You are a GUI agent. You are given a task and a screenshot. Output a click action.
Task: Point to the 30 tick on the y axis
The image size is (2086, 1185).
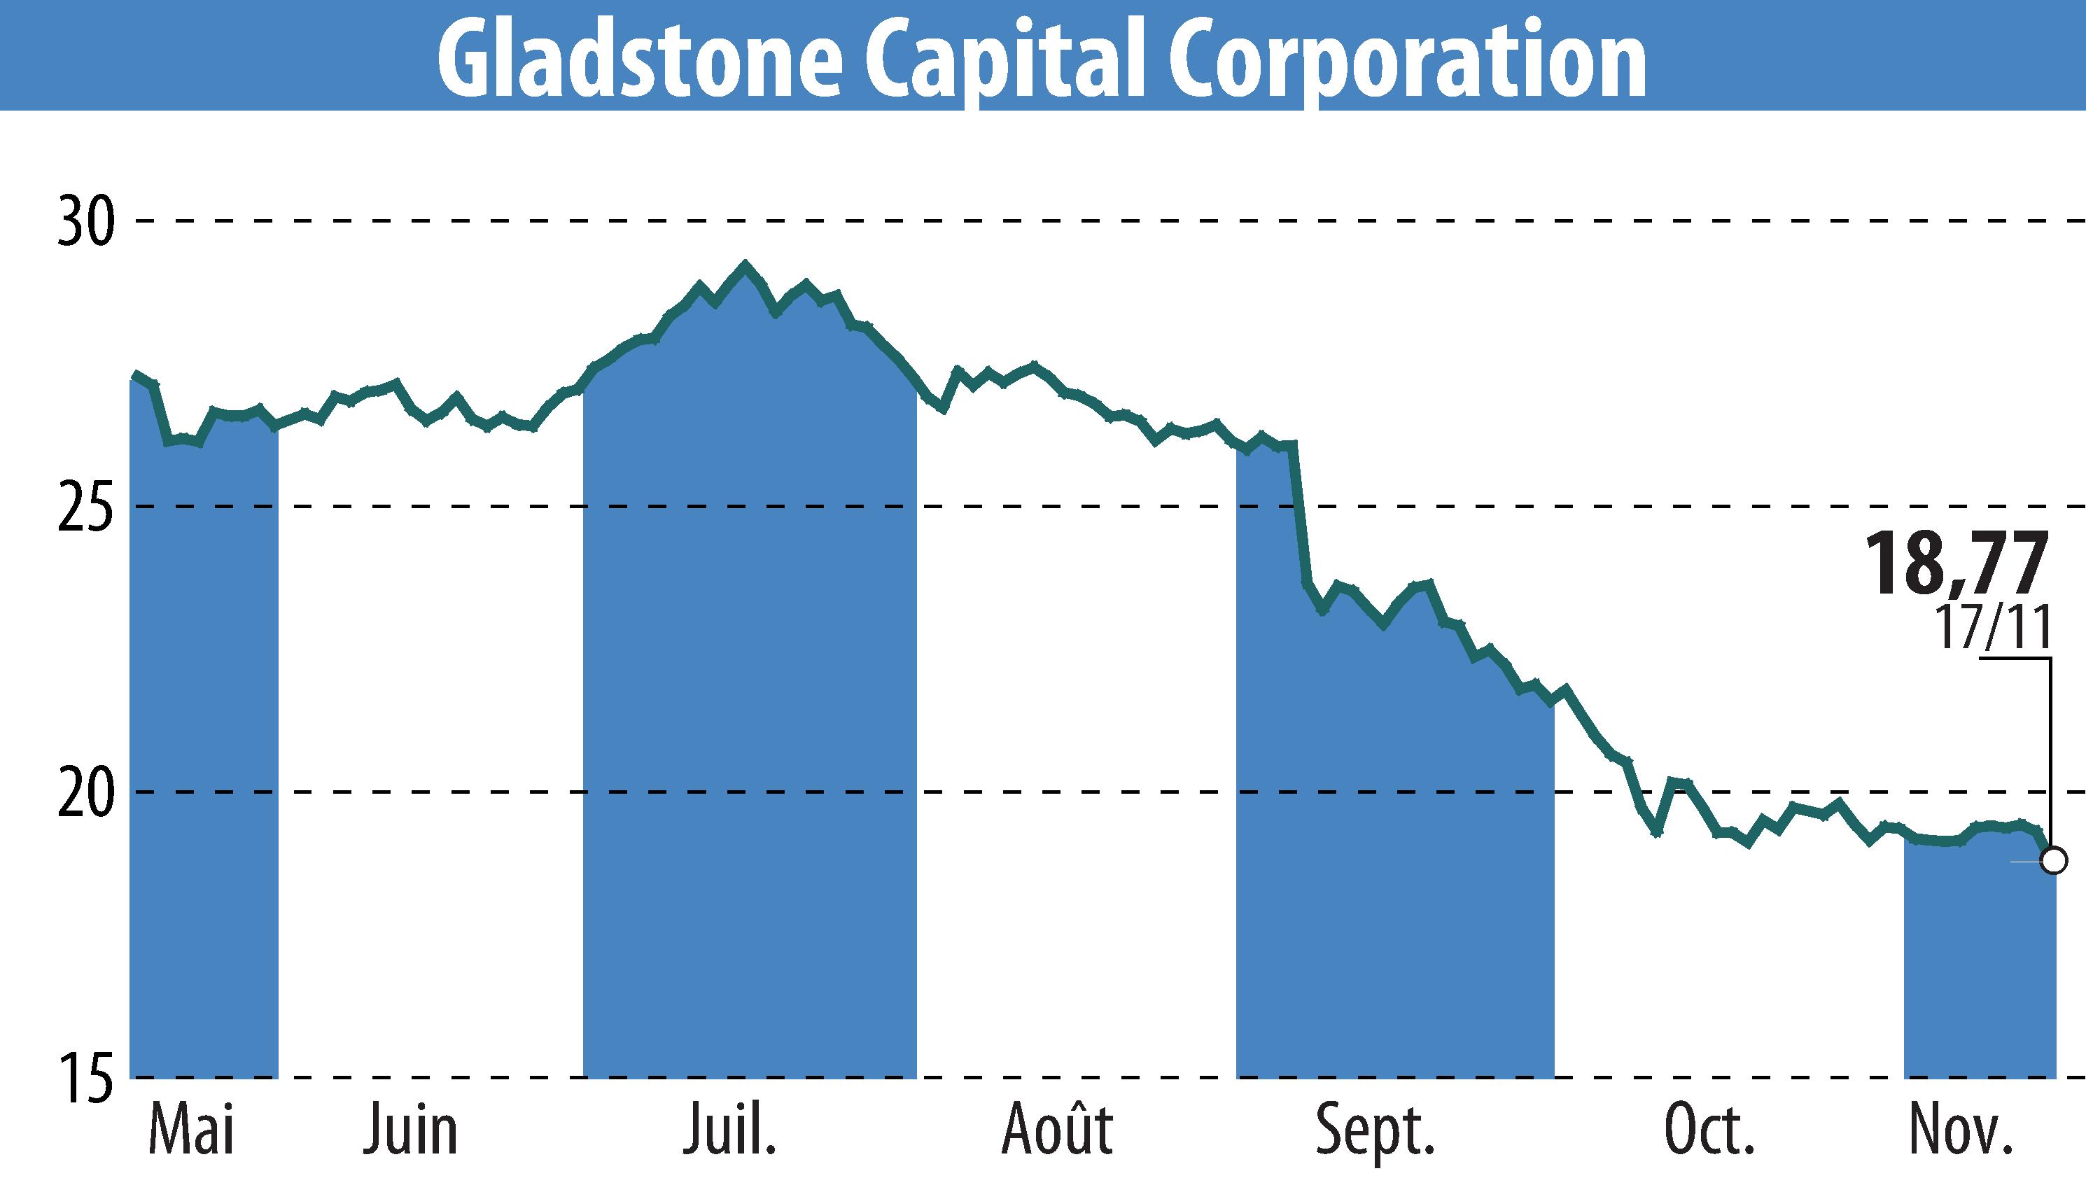[85, 222]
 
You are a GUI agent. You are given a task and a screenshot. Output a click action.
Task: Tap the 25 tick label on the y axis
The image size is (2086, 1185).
[85, 507]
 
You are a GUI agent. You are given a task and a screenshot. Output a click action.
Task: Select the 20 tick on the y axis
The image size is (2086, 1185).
[85, 792]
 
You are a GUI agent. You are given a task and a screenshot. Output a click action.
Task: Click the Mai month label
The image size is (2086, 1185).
[192, 1130]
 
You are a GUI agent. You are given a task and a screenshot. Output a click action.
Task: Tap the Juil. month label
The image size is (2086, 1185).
[729, 1130]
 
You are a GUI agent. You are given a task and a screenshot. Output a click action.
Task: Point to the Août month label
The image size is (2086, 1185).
[1057, 1130]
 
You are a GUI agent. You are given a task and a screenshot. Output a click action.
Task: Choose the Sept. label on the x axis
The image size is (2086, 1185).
[1375, 1130]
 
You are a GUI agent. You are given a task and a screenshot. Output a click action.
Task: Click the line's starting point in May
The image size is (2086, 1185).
[136, 375]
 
